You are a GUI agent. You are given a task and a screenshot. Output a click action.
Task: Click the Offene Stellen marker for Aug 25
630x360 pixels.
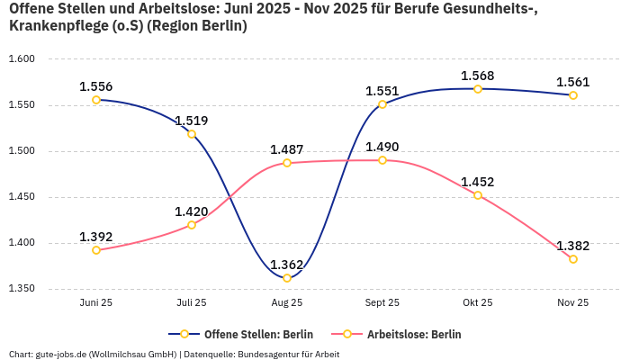point(287,278)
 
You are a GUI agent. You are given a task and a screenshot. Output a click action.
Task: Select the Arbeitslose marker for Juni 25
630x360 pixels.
point(96,250)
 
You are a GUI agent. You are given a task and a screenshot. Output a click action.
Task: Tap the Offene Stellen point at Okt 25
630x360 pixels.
point(478,89)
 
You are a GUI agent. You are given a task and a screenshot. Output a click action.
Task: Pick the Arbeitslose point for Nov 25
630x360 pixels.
point(573,259)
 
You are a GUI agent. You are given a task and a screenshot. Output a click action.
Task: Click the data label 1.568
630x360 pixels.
point(478,76)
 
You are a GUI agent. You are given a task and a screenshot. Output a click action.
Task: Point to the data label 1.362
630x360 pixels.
point(287,265)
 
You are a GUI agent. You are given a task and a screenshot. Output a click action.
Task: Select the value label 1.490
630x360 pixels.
point(382,147)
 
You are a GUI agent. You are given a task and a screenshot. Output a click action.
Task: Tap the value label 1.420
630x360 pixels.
point(192,211)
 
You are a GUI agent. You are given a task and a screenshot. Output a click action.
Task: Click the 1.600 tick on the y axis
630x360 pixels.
point(21,59)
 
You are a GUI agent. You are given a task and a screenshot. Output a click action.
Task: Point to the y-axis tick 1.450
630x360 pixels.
point(21,197)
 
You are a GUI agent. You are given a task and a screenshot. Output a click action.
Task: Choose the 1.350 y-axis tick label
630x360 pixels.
point(21,289)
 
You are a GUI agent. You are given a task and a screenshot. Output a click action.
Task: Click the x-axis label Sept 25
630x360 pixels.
point(382,303)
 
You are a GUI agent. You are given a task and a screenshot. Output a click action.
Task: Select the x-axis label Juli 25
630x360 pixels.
point(192,303)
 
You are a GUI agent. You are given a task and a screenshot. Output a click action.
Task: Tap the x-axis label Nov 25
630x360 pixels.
point(573,303)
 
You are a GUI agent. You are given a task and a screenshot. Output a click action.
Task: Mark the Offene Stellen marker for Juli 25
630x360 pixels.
point(192,134)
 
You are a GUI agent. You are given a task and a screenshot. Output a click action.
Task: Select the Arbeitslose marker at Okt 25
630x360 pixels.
point(478,195)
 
